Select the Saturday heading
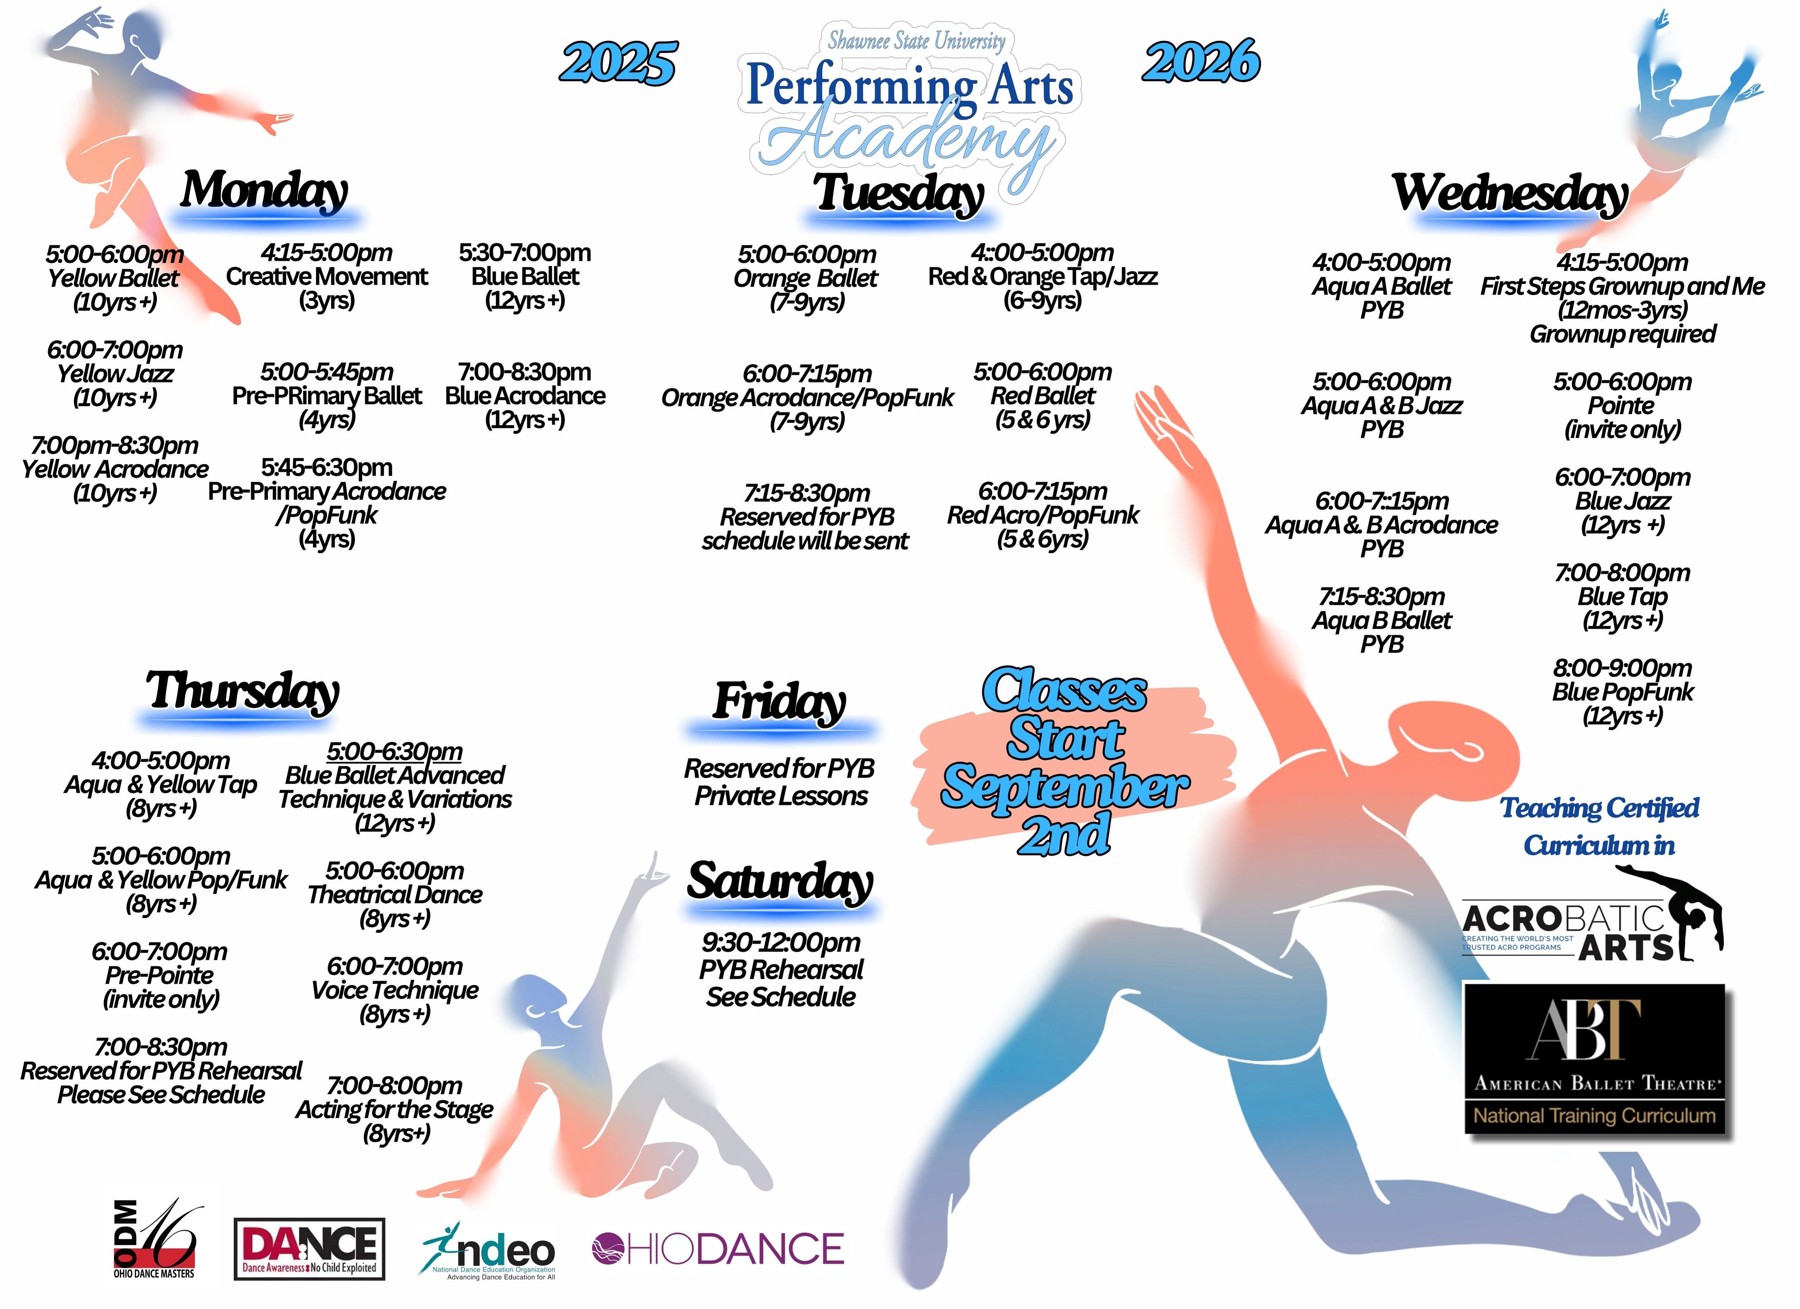tap(780, 882)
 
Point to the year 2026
tap(1201, 61)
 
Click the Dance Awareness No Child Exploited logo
tap(310, 1249)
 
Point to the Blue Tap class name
tap(1622, 596)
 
